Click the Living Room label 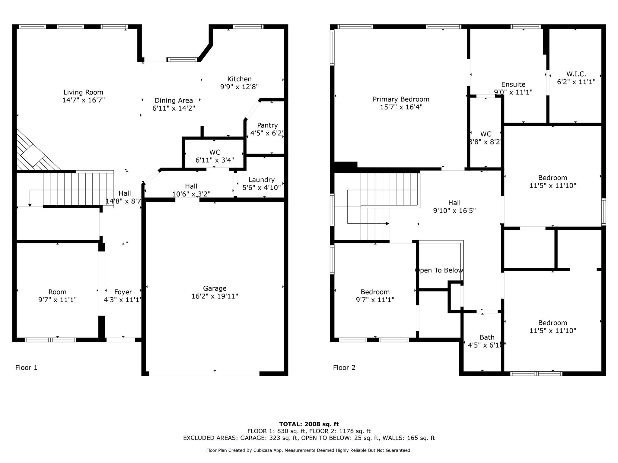point(83,92)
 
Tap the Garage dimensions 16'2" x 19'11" point(215,296)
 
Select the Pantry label point(267,125)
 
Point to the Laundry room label point(261,180)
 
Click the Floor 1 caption point(26,367)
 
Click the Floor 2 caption point(344,367)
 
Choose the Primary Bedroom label point(401,99)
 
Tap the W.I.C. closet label point(576,74)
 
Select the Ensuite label point(513,84)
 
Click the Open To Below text point(439,270)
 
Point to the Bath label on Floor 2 point(487,337)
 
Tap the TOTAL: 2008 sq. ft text point(309,424)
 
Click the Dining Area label point(174,101)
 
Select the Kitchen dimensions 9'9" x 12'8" point(239,87)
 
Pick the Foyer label point(123,292)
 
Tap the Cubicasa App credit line point(309,450)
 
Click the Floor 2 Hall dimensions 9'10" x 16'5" point(454,211)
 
